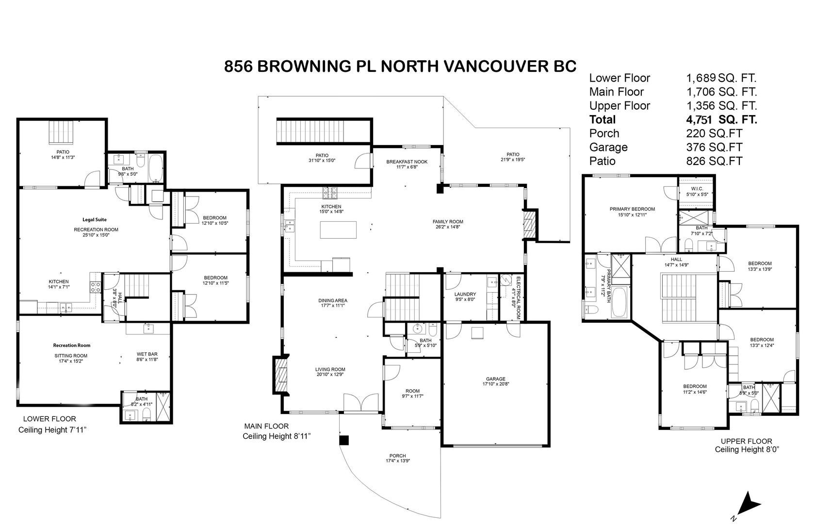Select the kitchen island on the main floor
(x=338, y=230)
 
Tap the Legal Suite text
(x=95, y=220)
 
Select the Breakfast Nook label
(x=407, y=162)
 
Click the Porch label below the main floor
(x=397, y=456)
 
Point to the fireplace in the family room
(x=529, y=224)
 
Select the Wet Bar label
(x=147, y=354)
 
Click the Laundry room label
(x=465, y=294)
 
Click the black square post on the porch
(x=343, y=440)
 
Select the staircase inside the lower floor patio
(x=62, y=132)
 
